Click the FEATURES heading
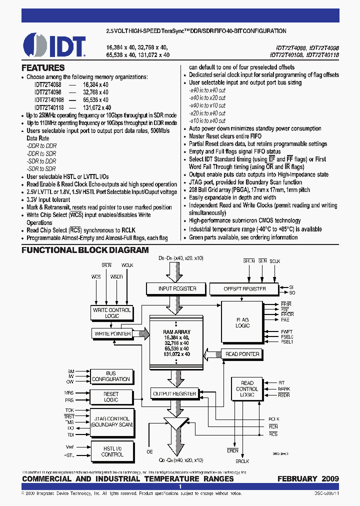point(43,67)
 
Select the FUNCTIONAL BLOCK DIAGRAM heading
point(85,250)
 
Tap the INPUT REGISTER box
point(170,288)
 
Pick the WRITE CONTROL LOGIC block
point(112,313)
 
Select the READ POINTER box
point(242,354)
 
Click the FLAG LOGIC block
point(242,322)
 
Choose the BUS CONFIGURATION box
point(111,376)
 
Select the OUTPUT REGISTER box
point(174,394)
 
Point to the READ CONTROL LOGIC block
point(247,389)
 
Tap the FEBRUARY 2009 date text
point(308,478)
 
